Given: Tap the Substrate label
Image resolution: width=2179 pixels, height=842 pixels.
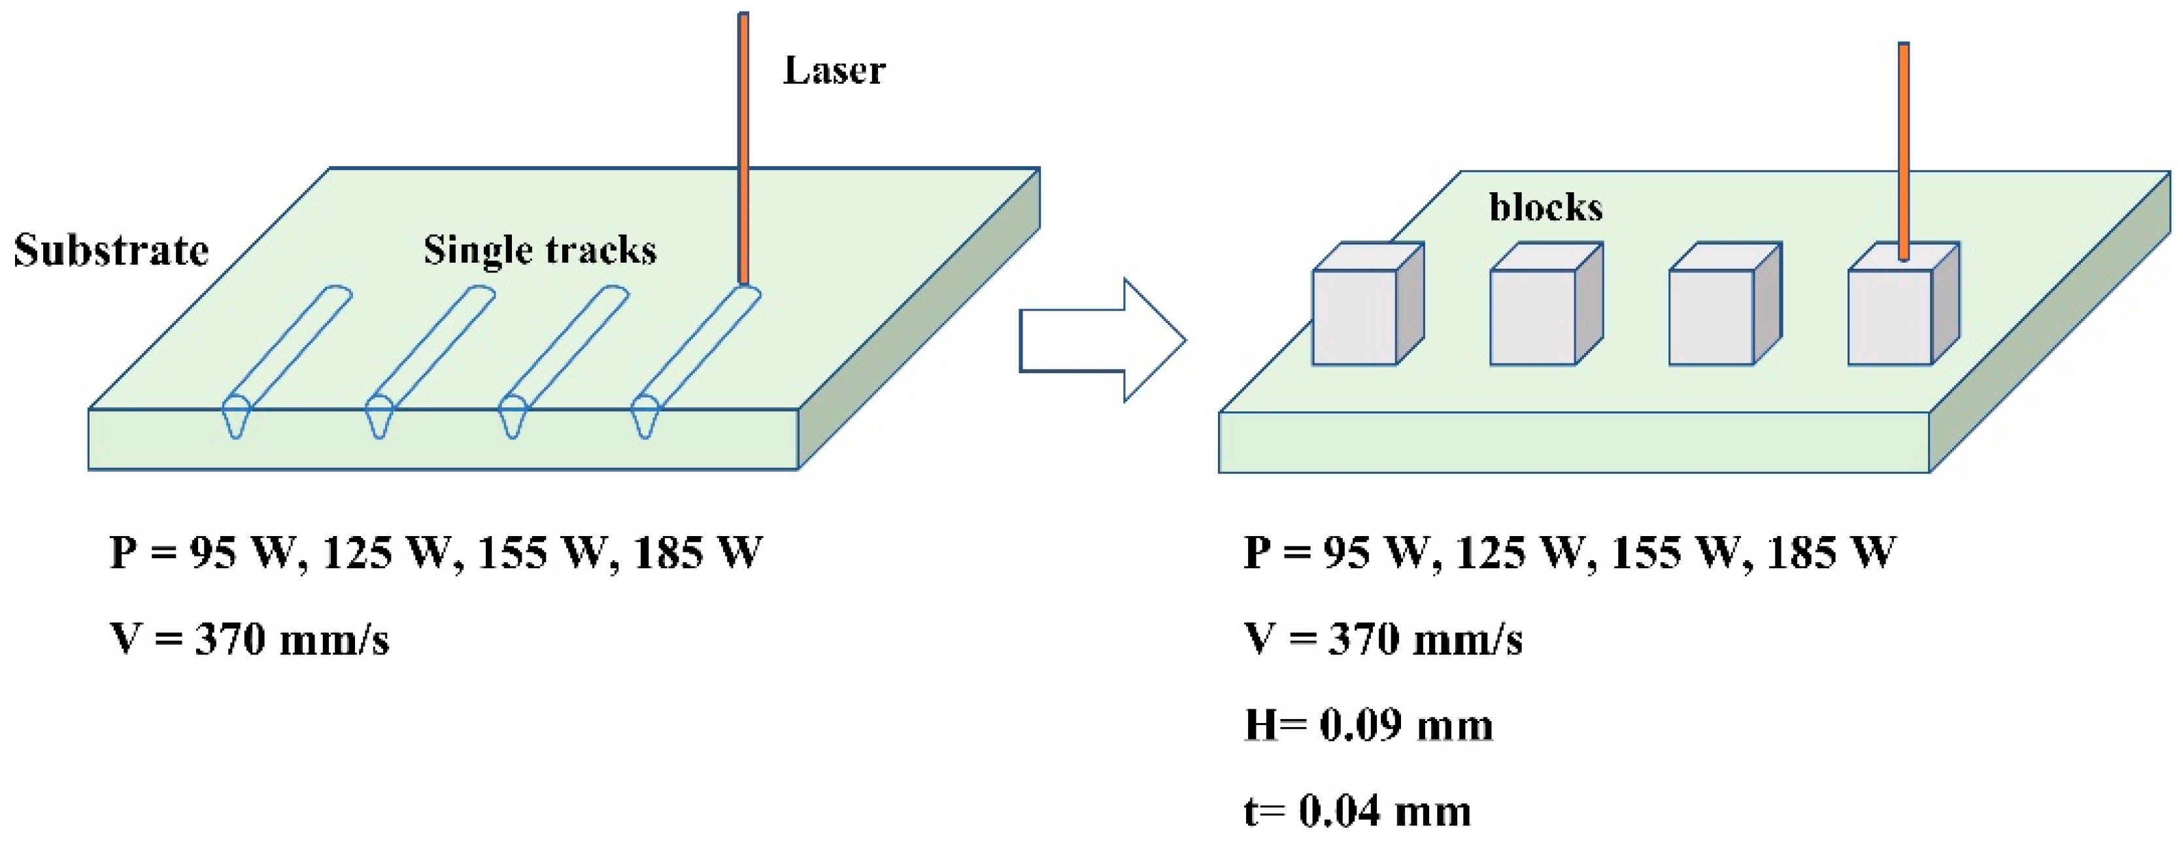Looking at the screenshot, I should pos(110,250).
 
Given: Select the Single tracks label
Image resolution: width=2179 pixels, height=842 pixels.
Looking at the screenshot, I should pos(539,250).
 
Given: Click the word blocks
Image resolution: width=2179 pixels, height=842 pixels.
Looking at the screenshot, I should pos(1546,207).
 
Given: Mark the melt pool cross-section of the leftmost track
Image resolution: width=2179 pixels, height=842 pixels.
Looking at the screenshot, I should pos(236,417).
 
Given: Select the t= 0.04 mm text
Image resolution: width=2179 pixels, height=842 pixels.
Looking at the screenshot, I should pos(1357,811).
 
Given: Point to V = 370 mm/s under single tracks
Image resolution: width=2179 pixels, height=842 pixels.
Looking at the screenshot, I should pos(250,639).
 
